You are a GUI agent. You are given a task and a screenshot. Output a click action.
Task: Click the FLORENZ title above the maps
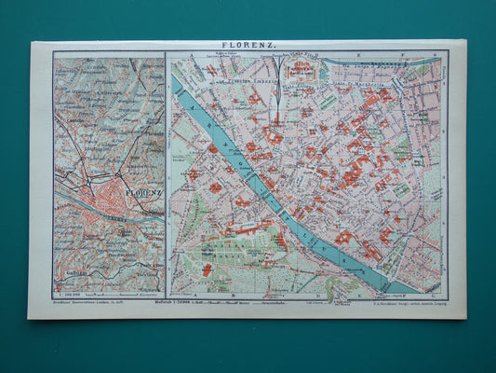pos(248,44)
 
